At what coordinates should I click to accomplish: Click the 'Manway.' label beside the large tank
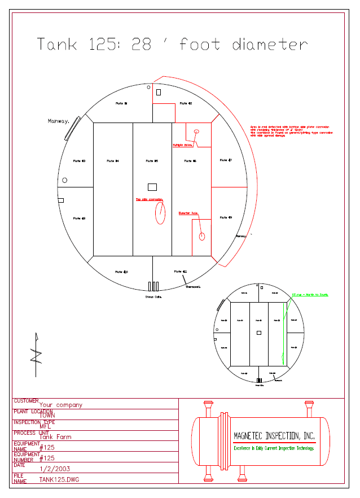(x=59, y=121)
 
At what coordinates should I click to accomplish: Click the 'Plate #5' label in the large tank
(x=152, y=161)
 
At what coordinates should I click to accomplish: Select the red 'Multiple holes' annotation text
(x=183, y=145)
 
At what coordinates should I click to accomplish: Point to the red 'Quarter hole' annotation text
(x=188, y=213)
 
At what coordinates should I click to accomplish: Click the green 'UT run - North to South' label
(x=310, y=295)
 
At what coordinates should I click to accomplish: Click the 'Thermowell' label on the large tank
(x=194, y=287)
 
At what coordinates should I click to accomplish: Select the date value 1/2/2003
(x=55, y=469)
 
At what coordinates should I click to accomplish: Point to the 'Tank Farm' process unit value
(x=55, y=436)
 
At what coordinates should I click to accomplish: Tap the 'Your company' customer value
(x=60, y=404)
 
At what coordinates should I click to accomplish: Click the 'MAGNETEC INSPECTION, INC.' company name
(x=274, y=436)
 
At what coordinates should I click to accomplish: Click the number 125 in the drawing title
(x=107, y=45)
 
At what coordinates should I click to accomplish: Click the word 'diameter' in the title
(x=270, y=45)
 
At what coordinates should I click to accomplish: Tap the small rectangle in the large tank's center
(x=152, y=187)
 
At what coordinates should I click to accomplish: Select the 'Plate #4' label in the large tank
(x=113, y=161)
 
